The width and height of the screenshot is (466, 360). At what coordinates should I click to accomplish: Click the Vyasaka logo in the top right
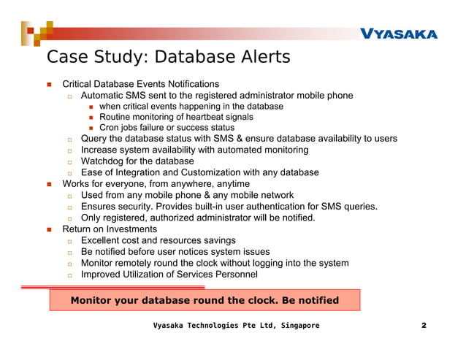[398, 34]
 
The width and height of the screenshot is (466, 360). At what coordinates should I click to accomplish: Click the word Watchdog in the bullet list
[104, 161]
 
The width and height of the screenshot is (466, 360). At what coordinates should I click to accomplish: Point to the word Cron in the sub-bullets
[110, 128]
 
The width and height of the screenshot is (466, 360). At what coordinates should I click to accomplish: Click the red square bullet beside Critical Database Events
[49, 85]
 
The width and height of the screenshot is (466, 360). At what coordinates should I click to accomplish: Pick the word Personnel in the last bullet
[234, 275]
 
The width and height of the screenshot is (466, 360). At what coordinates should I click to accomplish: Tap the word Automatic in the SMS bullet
[104, 96]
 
